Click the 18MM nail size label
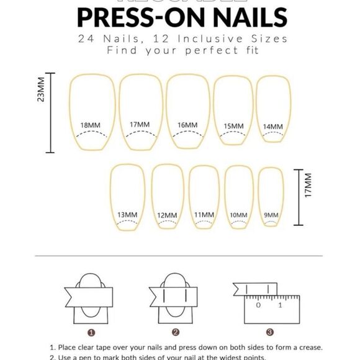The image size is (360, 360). click(x=91, y=125)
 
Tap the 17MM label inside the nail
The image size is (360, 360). click(x=140, y=125)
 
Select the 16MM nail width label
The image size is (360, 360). click(x=187, y=125)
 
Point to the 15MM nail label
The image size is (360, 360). click(x=233, y=126)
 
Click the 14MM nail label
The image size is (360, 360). click(x=272, y=127)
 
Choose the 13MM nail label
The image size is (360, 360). click(x=127, y=215)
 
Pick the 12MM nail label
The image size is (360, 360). click(x=167, y=215)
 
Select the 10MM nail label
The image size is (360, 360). click(x=238, y=215)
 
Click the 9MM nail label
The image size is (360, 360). click(x=271, y=215)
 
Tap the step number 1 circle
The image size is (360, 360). click(x=91, y=333)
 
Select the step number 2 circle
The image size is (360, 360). click(x=176, y=333)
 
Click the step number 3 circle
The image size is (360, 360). click(x=269, y=333)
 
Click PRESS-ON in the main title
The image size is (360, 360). click(x=137, y=17)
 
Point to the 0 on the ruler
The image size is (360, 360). click(x=258, y=305)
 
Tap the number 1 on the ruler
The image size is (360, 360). click(x=281, y=305)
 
